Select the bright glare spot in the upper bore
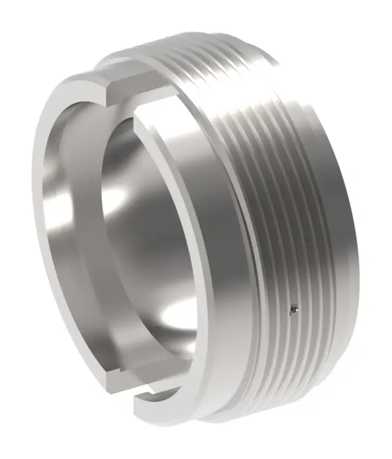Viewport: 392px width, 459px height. (118, 196)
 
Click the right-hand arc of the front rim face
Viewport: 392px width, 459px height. (216, 262)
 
